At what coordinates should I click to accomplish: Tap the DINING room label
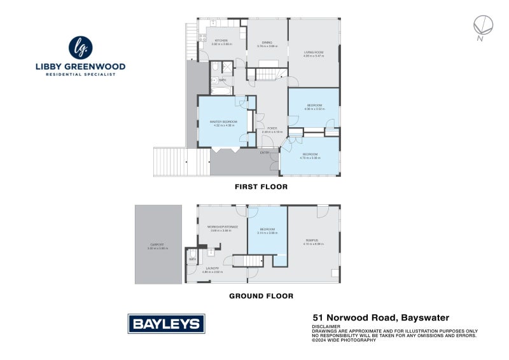tap(267, 43)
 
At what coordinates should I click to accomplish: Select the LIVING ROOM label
tap(314, 52)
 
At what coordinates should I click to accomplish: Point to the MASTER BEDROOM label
tap(223, 121)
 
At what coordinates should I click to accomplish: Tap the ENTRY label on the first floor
tap(265, 153)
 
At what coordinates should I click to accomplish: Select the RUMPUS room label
tap(310, 240)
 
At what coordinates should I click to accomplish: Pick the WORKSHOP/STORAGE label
tap(223, 227)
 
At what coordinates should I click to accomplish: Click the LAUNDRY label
tap(213, 268)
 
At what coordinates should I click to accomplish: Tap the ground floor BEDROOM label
tap(267, 229)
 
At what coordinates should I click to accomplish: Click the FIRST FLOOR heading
tap(261, 187)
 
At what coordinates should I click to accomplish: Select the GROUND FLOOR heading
tap(261, 296)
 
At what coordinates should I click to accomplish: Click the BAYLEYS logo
tap(167, 323)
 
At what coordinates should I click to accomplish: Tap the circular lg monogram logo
tap(80, 48)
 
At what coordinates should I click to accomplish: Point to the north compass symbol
tap(484, 25)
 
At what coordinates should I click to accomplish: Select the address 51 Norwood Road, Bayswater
tap(380, 317)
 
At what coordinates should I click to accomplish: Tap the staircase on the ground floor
tap(248, 261)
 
